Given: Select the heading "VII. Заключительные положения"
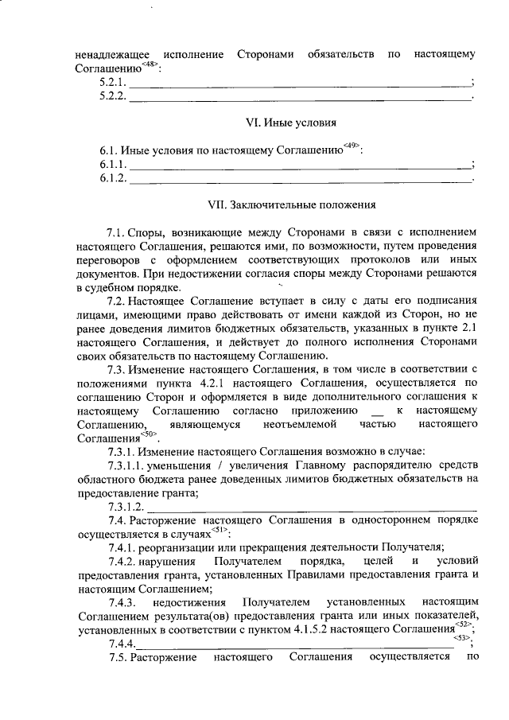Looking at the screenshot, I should point(291,204).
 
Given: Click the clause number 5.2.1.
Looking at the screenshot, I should point(113,83).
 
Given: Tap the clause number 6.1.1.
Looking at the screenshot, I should point(113,165).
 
